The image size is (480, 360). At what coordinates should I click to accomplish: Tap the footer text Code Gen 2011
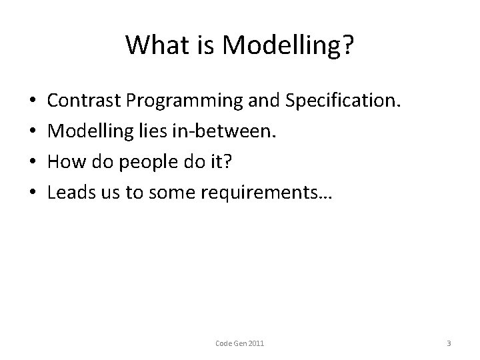[240, 343]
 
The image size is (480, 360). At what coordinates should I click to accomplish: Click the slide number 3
[449, 343]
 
